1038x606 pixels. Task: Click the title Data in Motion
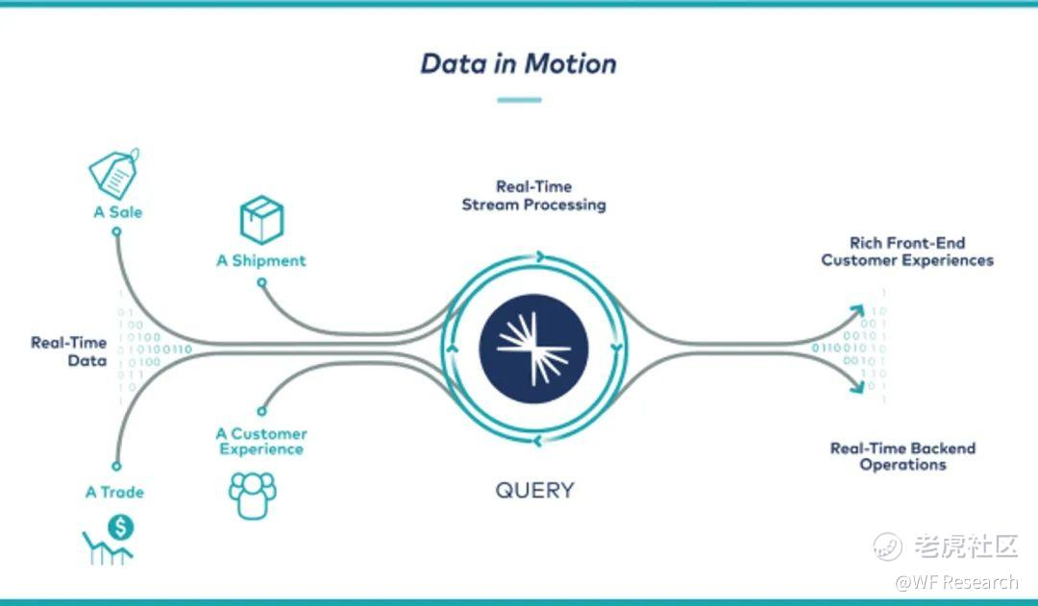[518, 63]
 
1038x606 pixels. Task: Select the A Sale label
[118, 211]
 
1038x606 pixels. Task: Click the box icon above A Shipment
[261, 219]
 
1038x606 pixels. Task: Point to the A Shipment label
[260, 260]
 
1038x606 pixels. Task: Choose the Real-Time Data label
[69, 351]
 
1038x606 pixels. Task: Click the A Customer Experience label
[261, 442]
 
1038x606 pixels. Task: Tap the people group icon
[252, 495]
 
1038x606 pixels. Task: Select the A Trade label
[114, 492]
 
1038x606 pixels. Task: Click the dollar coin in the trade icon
[121, 526]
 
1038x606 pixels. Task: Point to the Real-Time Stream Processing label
[533, 196]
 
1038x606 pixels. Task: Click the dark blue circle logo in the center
[533, 347]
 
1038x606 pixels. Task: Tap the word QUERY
[534, 490]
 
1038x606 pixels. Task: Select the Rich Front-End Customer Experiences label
[907, 252]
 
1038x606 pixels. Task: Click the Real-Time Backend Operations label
[902, 456]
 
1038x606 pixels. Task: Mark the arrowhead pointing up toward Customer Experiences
[855, 311]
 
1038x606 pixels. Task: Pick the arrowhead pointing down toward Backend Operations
[855, 387]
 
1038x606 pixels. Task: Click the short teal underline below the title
[519, 100]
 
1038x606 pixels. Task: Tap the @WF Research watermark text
[956, 582]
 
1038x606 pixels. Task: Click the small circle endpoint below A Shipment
[261, 282]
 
